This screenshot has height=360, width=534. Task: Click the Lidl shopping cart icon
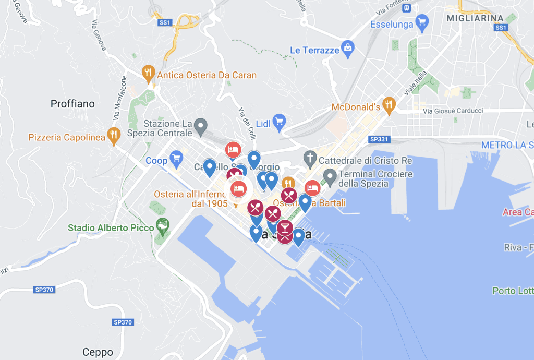point(279,122)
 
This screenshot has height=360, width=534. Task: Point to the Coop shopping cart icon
point(177,157)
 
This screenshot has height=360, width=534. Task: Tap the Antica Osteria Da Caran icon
point(149,73)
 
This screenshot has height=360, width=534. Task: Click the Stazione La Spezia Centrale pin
point(201,125)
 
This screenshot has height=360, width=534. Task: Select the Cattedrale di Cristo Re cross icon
point(310,157)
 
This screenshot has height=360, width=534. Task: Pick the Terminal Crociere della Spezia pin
point(330,175)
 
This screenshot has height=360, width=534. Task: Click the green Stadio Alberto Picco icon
point(163,225)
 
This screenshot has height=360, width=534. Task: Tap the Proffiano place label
point(72,104)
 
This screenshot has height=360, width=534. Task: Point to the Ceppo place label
point(98,351)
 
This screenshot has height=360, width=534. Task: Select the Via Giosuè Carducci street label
point(453,111)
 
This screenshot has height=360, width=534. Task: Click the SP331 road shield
point(379,140)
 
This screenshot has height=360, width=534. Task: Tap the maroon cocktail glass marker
point(284,229)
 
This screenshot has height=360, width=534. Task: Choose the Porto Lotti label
point(513,291)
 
